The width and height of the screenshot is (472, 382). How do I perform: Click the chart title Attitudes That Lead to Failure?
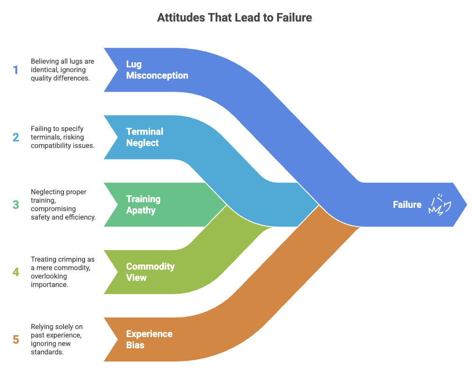(235, 17)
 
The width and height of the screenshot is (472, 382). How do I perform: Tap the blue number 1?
(15, 70)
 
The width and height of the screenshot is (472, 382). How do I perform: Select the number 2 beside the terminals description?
(15, 137)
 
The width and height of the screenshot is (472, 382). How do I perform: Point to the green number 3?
(15, 205)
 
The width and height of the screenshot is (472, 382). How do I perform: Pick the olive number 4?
(15, 272)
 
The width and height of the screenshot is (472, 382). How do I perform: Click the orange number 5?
(15, 339)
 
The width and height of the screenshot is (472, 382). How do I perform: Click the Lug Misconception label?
(157, 70)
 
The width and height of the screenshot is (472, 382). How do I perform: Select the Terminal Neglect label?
(145, 137)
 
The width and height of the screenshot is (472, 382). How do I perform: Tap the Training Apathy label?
(143, 205)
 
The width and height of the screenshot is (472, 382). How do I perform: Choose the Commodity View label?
(150, 272)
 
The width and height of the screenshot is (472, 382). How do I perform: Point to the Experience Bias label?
(149, 339)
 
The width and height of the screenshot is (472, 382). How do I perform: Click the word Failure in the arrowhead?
(407, 205)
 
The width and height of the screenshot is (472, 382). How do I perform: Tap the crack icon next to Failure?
(440, 205)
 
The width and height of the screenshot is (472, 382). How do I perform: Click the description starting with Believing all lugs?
(62, 70)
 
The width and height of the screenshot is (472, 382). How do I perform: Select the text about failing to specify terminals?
(63, 137)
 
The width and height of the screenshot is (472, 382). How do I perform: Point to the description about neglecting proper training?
(63, 205)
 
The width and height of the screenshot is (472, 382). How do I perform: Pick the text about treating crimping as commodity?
(63, 272)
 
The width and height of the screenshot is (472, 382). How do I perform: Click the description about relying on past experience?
(57, 339)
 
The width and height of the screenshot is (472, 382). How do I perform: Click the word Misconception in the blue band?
(157, 75)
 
